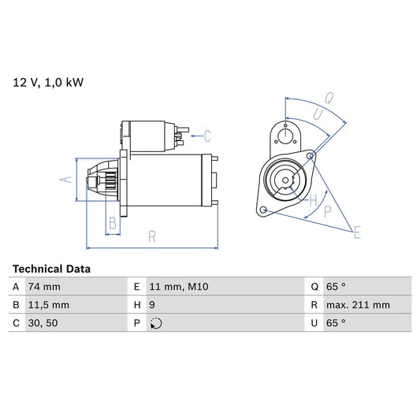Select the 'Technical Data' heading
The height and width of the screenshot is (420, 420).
pyautogui.click(x=51, y=269)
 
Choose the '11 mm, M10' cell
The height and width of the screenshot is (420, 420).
pyautogui.click(x=177, y=287)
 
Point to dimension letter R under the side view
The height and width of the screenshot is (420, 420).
pyautogui.click(x=151, y=236)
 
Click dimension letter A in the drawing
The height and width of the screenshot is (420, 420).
pyautogui.click(x=66, y=180)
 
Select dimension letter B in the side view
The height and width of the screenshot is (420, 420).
pyautogui.click(x=113, y=224)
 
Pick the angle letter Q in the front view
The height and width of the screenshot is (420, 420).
pyautogui.click(x=328, y=100)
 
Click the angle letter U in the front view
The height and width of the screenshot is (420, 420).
pyautogui.click(x=318, y=114)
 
